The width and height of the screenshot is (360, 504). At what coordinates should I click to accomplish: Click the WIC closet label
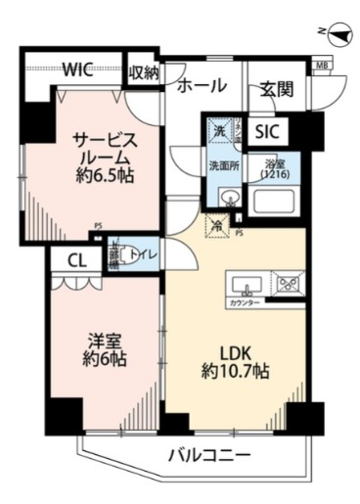click(78, 69)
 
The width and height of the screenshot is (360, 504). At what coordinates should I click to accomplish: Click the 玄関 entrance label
click(276, 89)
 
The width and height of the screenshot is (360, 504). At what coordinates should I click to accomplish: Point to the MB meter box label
click(321, 67)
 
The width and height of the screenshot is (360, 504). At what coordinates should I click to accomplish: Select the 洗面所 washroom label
click(222, 165)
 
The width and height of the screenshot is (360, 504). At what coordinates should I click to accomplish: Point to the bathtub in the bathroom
click(276, 202)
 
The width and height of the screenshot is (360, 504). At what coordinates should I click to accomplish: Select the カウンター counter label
click(246, 304)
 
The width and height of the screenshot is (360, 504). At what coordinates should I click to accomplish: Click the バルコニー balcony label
click(207, 454)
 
